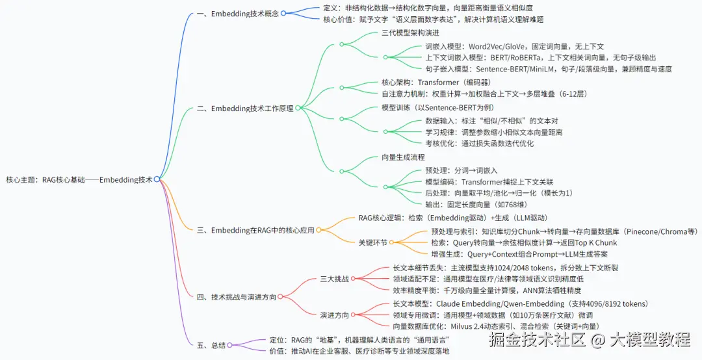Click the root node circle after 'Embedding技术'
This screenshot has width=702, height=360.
click(157, 179)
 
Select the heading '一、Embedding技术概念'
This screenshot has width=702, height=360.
click(237, 14)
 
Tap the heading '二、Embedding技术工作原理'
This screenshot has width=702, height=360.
click(245, 109)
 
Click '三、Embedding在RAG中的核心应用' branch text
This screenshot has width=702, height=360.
click(255, 230)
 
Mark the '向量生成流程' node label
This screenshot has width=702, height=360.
click(403, 157)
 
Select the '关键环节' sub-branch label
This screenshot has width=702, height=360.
click(372, 242)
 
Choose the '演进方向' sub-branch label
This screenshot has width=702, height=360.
click(334, 315)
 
